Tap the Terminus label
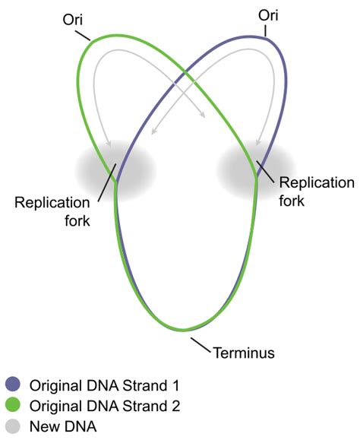pyautogui.click(x=242, y=352)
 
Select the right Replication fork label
pyautogui.click(x=316, y=191)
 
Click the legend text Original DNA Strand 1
pyautogui.click(x=102, y=383)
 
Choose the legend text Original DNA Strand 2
pyautogui.click(x=102, y=405)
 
